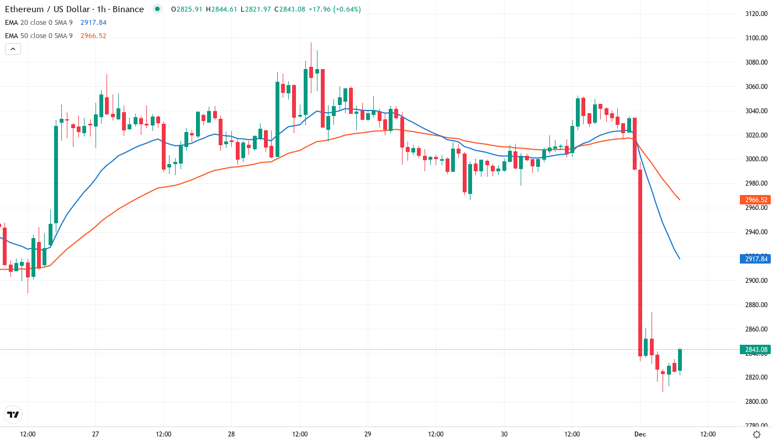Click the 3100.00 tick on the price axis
point(756,38)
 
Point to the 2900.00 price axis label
point(756,281)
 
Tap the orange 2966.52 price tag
point(755,200)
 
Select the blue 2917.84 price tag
point(755,259)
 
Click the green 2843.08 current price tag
point(755,350)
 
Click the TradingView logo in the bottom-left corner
point(13,414)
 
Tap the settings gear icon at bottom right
point(756,434)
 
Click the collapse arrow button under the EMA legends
point(13,49)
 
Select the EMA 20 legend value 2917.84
point(93,23)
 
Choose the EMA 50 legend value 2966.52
point(93,36)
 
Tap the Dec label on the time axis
point(639,434)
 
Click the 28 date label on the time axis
point(231,434)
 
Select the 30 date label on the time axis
point(504,434)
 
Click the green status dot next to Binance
point(158,9)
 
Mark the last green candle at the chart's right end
point(680,360)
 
